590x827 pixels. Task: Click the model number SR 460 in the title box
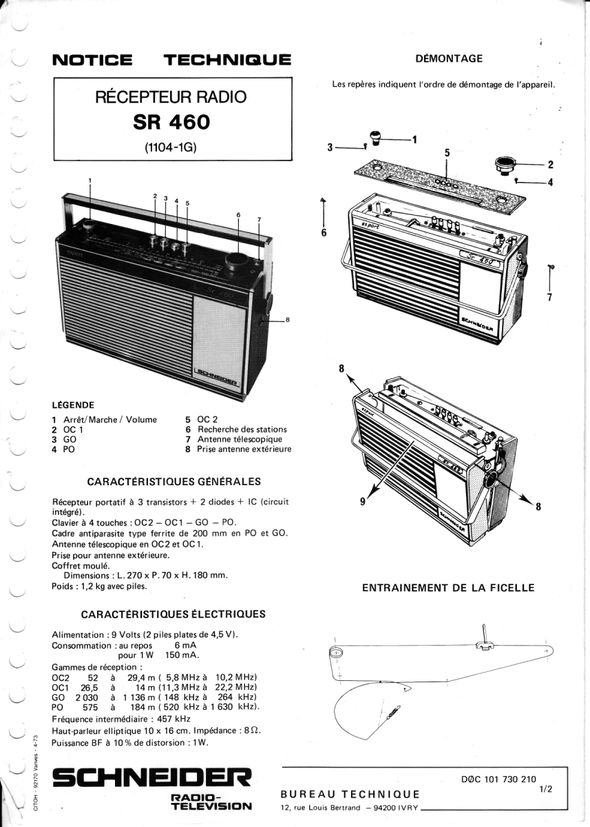click(171, 121)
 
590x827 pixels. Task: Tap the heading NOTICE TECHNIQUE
click(172, 60)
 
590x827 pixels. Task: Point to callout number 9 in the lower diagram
click(363, 502)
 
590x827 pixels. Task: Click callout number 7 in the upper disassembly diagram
click(549, 298)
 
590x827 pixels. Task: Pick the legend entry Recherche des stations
click(242, 429)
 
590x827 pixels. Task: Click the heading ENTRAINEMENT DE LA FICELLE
click(448, 588)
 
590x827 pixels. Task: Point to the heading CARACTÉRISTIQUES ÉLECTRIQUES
click(173, 614)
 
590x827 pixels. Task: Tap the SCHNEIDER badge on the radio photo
click(217, 376)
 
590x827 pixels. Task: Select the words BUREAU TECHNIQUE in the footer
click(350, 795)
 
